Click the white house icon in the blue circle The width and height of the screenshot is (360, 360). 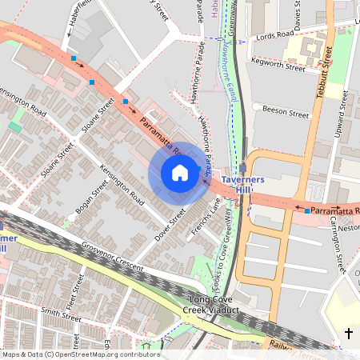coord(180,173)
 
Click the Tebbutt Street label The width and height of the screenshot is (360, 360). coord(322,76)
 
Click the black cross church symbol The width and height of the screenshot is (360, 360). coord(348,334)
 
